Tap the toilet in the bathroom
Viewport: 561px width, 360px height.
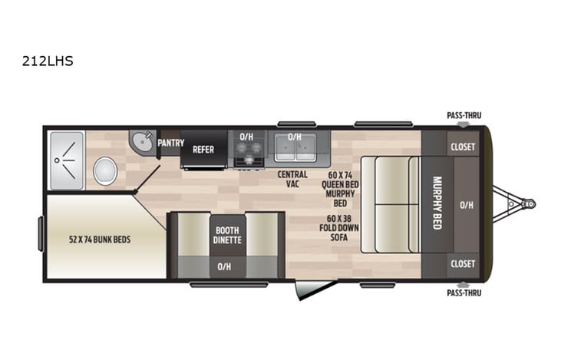(105, 170)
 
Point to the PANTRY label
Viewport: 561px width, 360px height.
(170, 143)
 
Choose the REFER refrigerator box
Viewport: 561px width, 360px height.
(203, 150)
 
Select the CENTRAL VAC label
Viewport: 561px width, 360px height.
(292, 180)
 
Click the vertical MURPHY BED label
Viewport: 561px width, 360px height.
(437, 203)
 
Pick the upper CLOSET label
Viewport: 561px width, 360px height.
(463, 146)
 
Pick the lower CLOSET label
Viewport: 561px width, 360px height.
(463, 263)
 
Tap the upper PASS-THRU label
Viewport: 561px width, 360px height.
(464, 116)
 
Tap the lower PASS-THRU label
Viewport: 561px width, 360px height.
(464, 292)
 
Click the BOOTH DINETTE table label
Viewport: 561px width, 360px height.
(228, 235)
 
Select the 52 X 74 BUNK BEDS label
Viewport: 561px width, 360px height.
(101, 239)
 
